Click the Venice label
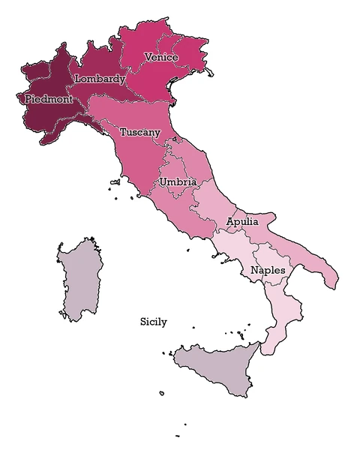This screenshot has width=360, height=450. pyautogui.click(x=160, y=57)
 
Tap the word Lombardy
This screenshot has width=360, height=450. pyautogui.click(x=100, y=79)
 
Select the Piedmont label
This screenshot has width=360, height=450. pyautogui.click(x=49, y=98)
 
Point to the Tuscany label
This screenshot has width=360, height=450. pyautogui.click(x=139, y=132)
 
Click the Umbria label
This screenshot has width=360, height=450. pyautogui.click(x=178, y=182)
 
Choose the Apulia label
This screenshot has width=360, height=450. pyautogui.click(x=242, y=222)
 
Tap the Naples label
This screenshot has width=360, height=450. pyautogui.click(x=268, y=270)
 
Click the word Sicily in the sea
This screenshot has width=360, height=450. pyautogui.click(x=154, y=322)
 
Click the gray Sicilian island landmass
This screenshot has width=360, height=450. pyautogui.click(x=217, y=367)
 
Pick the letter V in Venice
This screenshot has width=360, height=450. pyautogui.click(x=148, y=57)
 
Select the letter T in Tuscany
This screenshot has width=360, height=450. pyautogui.click(x=123, y=132)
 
